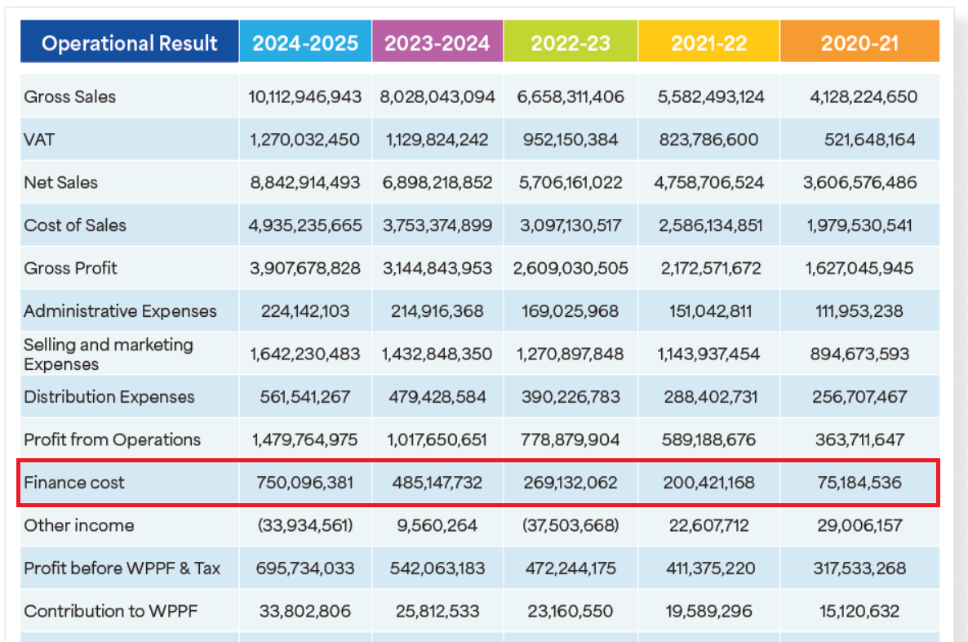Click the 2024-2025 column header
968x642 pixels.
[x=305, y=42]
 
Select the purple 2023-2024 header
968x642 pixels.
[x=437, y=42]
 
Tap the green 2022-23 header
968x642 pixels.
[x=571, y=42]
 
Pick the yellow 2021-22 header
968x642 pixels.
[x=708, y=42]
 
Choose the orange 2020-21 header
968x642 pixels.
[x=859, y=42]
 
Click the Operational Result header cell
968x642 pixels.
[x=130, y=42]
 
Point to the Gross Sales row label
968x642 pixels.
[x=70, y=96]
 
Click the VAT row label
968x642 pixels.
[x=39, y=140]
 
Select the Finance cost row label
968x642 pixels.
[x=74, y=482]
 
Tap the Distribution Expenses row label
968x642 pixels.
[x=109, y=397]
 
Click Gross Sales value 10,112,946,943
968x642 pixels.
[x=305, y=96]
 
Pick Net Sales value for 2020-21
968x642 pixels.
[x=859, y=182]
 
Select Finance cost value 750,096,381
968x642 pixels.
[x=305, y=483]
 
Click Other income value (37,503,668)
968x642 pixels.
[x=571, y=525]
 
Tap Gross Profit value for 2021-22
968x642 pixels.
[x=708, y=268]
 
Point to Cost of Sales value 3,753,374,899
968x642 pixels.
[x=437, y=225]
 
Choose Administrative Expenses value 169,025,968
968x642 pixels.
[x=571, y=311]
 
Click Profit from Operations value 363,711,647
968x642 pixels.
[x=859, y=439]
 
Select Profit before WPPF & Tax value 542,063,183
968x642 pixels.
[x=437, y=568]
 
